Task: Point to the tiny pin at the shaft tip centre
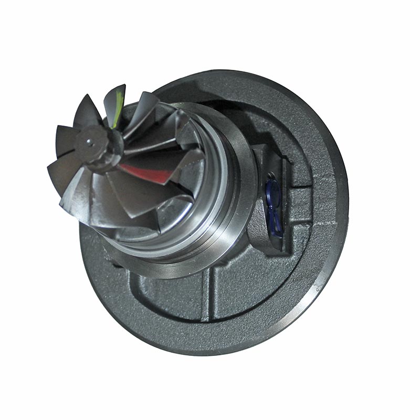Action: (x=90, y=140)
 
